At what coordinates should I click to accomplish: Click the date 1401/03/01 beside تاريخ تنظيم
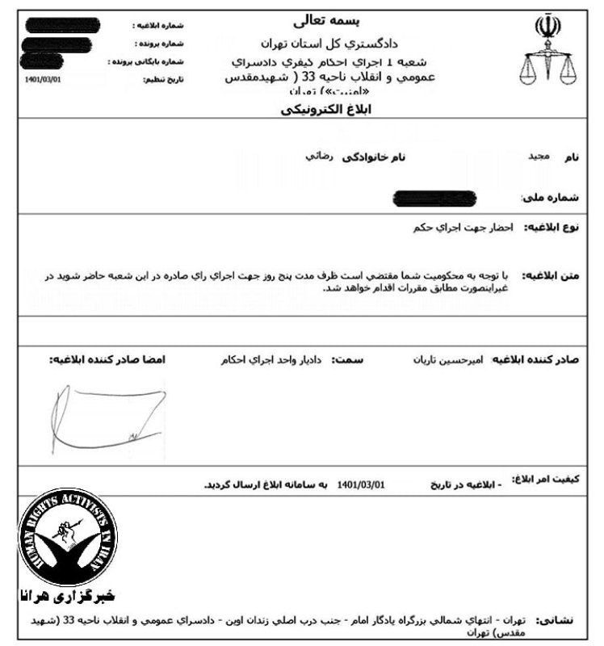(x=44, y=80)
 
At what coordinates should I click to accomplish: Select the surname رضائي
(x=313, y=154)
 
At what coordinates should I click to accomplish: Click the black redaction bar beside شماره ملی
(x=433, y=196)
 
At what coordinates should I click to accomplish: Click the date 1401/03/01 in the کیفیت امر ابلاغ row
(x=363, y=484)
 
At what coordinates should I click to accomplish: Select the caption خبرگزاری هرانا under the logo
(x=68, y=598)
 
